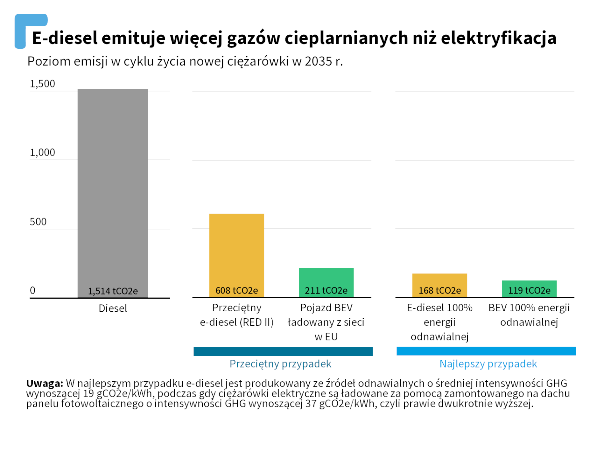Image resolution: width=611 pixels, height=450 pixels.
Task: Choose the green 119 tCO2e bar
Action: pyautogui.click(x=529, y=285)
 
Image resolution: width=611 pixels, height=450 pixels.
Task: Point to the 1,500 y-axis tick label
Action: pyautogui.click(x=42, y=84)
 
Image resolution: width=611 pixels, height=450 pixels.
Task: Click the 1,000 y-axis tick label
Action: pyautogui.click(x=42, y=153)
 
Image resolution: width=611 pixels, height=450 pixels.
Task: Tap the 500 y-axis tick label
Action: pyautogui.click(x=38, y=222)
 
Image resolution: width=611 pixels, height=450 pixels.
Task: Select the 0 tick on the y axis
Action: pyautogui.click(x=32, y=290)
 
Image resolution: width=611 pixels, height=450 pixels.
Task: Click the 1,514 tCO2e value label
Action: pyautogui.click(x=113, y=291)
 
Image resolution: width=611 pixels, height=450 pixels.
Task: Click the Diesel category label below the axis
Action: pyautogui.click(x=113, y=308)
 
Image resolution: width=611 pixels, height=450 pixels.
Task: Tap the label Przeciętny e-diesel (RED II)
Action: pyautogui.click(x=236, y=315)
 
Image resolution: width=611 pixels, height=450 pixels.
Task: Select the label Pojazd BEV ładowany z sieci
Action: pyautogui.click(x=326, y=322)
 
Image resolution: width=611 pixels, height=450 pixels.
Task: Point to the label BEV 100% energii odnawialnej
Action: pyautogui.click(x=529, y=315)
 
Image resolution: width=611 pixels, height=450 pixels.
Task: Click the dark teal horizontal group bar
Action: pyautogui.click(x=283, y=351)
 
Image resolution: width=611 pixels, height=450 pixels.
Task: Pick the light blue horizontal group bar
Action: pyautogui.click(x=486, y=351)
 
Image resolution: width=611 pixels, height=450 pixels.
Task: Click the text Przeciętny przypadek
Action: pyautogui.click(x=280, y=364)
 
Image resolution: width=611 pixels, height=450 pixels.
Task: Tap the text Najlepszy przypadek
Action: pyautogui.click(x=488, y=364)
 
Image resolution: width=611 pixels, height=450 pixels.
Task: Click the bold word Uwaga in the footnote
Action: pyautogui.click(x=45, y=383)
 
